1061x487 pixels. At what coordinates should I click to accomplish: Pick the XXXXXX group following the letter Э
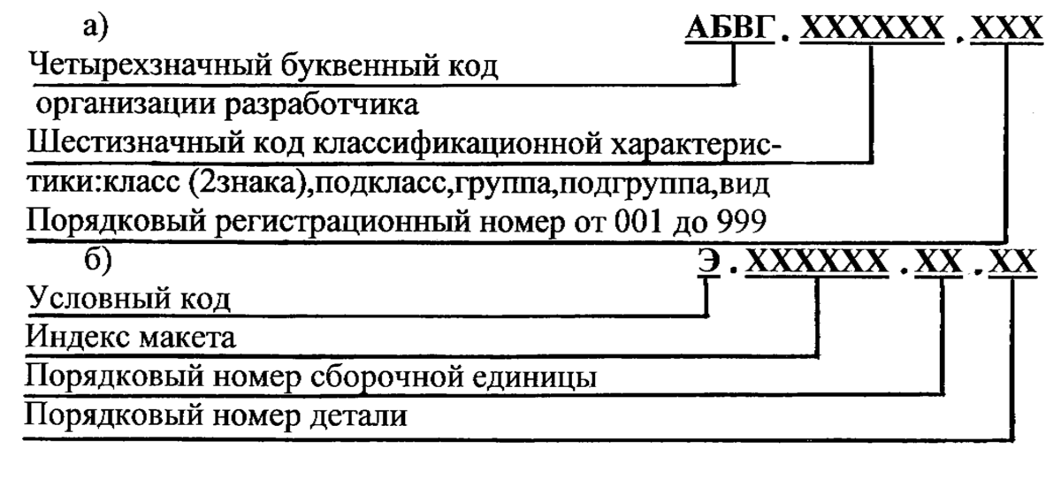(816, 262)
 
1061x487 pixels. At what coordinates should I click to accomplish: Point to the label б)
(95, 263)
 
